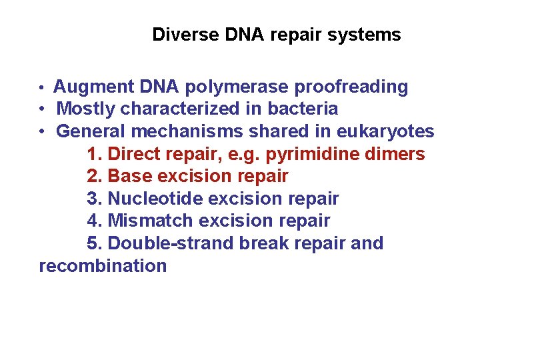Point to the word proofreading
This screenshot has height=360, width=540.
click(x=351, y=87)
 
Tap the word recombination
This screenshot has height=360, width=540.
click(x=103, y=267)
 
